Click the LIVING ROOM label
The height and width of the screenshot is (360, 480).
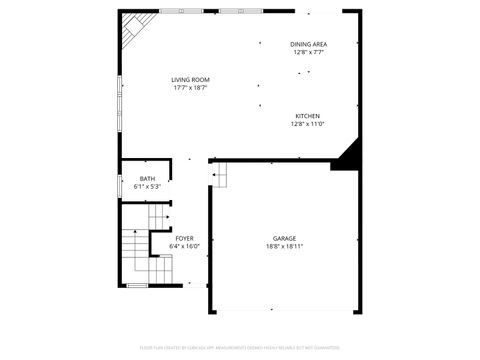pos(190,79)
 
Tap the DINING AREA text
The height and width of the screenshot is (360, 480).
pos(309,44)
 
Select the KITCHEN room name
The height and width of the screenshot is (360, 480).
pos(308,116)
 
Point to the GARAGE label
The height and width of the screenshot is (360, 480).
pos(285,238)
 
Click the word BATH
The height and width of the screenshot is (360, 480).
pos(147,178)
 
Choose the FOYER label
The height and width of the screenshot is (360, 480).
pos(185,238)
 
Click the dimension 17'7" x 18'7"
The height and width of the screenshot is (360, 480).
pos(190,87)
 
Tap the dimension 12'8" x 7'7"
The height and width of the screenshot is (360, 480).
pos(309,52)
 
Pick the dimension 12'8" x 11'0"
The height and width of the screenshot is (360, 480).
pos(308,124)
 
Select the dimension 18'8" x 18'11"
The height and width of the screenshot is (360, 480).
pos(285,246)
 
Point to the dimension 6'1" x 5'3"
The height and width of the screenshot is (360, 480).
pos(147,186)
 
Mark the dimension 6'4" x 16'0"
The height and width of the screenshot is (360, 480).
pos(185,246)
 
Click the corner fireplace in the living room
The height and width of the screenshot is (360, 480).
pos(129,32)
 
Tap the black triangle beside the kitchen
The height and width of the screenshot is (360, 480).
pos(349,156)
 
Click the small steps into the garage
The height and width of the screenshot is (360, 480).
pos(219,176)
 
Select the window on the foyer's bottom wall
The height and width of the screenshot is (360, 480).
pos(137,286)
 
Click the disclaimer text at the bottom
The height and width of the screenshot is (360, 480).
pos(240,347)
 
